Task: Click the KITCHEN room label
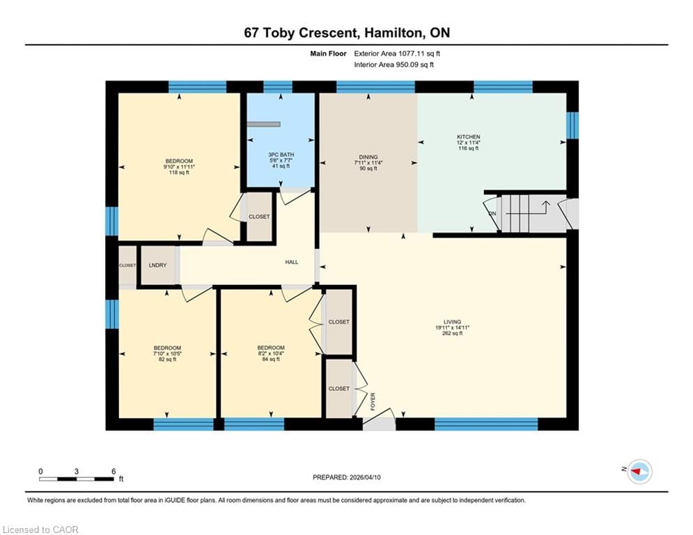(468, 137)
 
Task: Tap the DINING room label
(367, 157)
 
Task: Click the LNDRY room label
(157, 265)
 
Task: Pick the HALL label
(291, 262)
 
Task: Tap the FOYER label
(373, 401)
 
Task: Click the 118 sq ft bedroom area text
(179, 173)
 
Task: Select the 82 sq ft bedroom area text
(167, 359)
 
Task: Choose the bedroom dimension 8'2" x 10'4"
(270, 353)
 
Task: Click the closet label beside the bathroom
(260, 217)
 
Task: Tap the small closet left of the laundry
(127, 265)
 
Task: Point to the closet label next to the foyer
(338, 388)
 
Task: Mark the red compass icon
(639, 472)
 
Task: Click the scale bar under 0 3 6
(77, 479)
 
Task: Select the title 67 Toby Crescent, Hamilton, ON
(346, 33)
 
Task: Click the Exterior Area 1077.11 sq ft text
(397, 53)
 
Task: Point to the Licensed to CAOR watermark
(42, 529)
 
